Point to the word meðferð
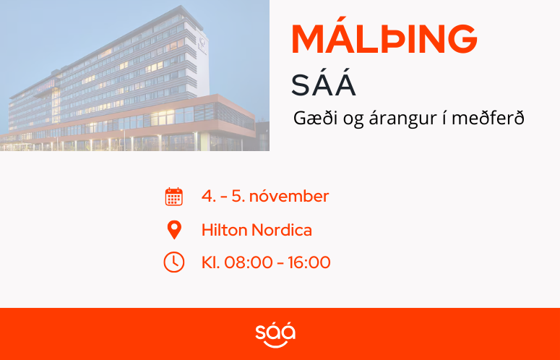[488, 118]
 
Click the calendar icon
[174, 197]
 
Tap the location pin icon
[174, 230]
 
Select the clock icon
[174, 262]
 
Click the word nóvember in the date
[289, 196]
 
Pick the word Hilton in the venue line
[225, 230]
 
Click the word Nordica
[282, 230]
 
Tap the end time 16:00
[309, 262]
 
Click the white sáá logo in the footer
[275, 334]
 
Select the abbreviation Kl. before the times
[211, 262]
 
